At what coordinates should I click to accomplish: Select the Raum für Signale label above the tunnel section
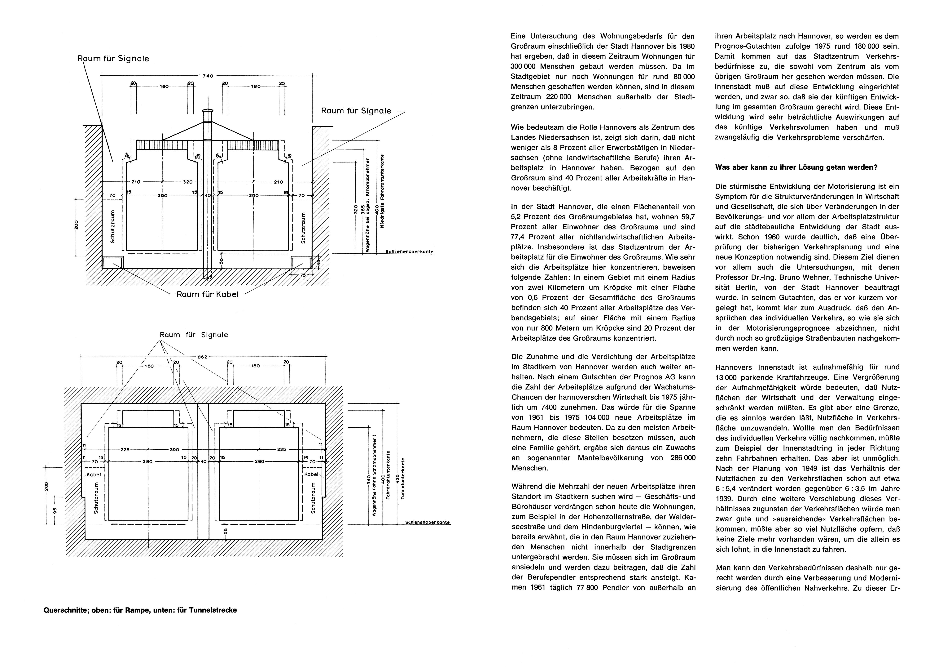(x=194, y=335)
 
